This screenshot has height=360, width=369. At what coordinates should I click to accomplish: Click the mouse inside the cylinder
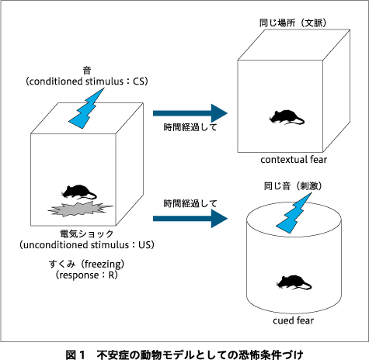294,282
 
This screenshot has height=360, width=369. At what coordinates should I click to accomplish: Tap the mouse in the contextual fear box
287,117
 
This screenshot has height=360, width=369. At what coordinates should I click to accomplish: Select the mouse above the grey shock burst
78,192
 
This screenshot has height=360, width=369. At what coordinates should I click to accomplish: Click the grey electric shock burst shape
80,209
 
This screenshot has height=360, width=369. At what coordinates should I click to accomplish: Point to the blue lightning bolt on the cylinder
294,213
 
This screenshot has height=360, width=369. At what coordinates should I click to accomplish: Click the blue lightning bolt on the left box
86,108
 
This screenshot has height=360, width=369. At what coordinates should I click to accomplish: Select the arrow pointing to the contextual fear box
190,113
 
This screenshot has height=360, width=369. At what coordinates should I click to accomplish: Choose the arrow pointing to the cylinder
190,219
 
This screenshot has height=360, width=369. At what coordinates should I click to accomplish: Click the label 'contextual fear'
294,160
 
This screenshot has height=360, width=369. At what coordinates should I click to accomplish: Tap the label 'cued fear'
293,320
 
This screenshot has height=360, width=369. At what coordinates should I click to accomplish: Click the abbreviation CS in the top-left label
138,81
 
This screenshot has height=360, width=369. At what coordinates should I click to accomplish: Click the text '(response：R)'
87,275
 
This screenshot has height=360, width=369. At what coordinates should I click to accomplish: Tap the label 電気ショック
87,234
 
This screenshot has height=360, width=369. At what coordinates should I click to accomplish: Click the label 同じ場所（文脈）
293,22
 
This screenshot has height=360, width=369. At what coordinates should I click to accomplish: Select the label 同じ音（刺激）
293,185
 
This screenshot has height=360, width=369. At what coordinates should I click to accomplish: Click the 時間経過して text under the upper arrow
190,127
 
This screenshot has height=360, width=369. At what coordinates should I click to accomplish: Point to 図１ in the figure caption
75,355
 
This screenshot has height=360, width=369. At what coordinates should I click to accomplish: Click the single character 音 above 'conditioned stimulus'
87,71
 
